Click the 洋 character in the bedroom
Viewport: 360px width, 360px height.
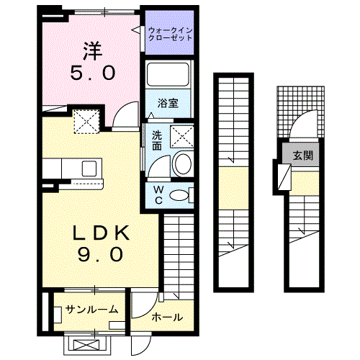[91, 50]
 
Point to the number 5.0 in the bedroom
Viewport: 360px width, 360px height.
[91, 73]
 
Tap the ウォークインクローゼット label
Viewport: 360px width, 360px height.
[170, 34]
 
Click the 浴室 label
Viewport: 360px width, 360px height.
[168, 103]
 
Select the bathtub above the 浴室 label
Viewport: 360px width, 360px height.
[168, 76]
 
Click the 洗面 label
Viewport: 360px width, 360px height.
[156, 139]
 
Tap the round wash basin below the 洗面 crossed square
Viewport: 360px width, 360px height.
[181, 163]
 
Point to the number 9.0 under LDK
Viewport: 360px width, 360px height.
[100, 253]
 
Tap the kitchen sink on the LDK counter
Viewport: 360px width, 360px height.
[90, 168]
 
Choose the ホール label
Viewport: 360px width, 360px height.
[166, 318]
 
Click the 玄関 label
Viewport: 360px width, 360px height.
[302, 156]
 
